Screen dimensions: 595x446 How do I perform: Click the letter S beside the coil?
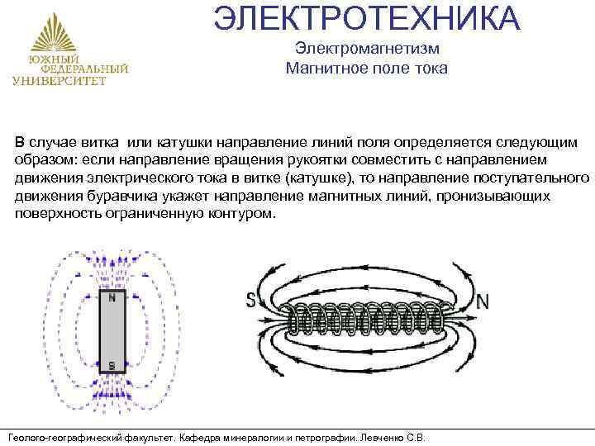coord(250,301)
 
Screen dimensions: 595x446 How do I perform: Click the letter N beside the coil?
coord(483,301)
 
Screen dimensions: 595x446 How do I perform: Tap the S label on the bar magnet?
coord(111,364)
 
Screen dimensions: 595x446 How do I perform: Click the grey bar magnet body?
coord(111,330)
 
